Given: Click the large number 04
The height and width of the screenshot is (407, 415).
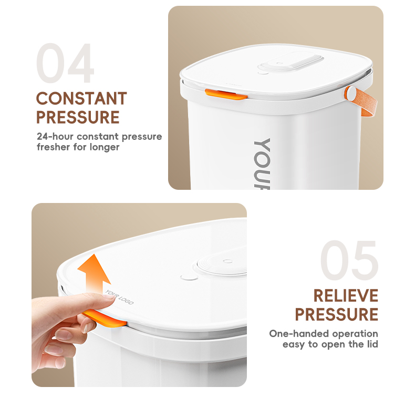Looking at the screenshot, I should [x=65, y=64].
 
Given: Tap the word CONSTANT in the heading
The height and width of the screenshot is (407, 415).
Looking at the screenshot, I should [x=81, y=99].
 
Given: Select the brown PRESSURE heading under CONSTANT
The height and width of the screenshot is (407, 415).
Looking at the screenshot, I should [x=78, y=117].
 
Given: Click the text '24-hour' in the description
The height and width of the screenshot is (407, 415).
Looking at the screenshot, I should [x=54, y=137].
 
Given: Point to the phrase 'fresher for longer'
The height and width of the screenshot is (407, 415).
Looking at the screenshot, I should [x=78, y=147].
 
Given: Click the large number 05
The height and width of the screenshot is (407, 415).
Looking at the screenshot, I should [x=349, y=261].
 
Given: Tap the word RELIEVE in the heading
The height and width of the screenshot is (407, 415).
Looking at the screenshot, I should [x=346, y=296].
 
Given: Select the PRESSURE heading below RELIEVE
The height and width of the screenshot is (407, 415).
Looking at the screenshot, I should [x=336, y=314].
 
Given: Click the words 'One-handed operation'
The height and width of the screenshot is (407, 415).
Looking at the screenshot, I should [x=323, y=333].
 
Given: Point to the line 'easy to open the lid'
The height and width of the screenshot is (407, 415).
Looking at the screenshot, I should [x=330, y=344].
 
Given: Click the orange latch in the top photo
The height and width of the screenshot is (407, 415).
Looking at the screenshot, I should [x=225, y=94].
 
